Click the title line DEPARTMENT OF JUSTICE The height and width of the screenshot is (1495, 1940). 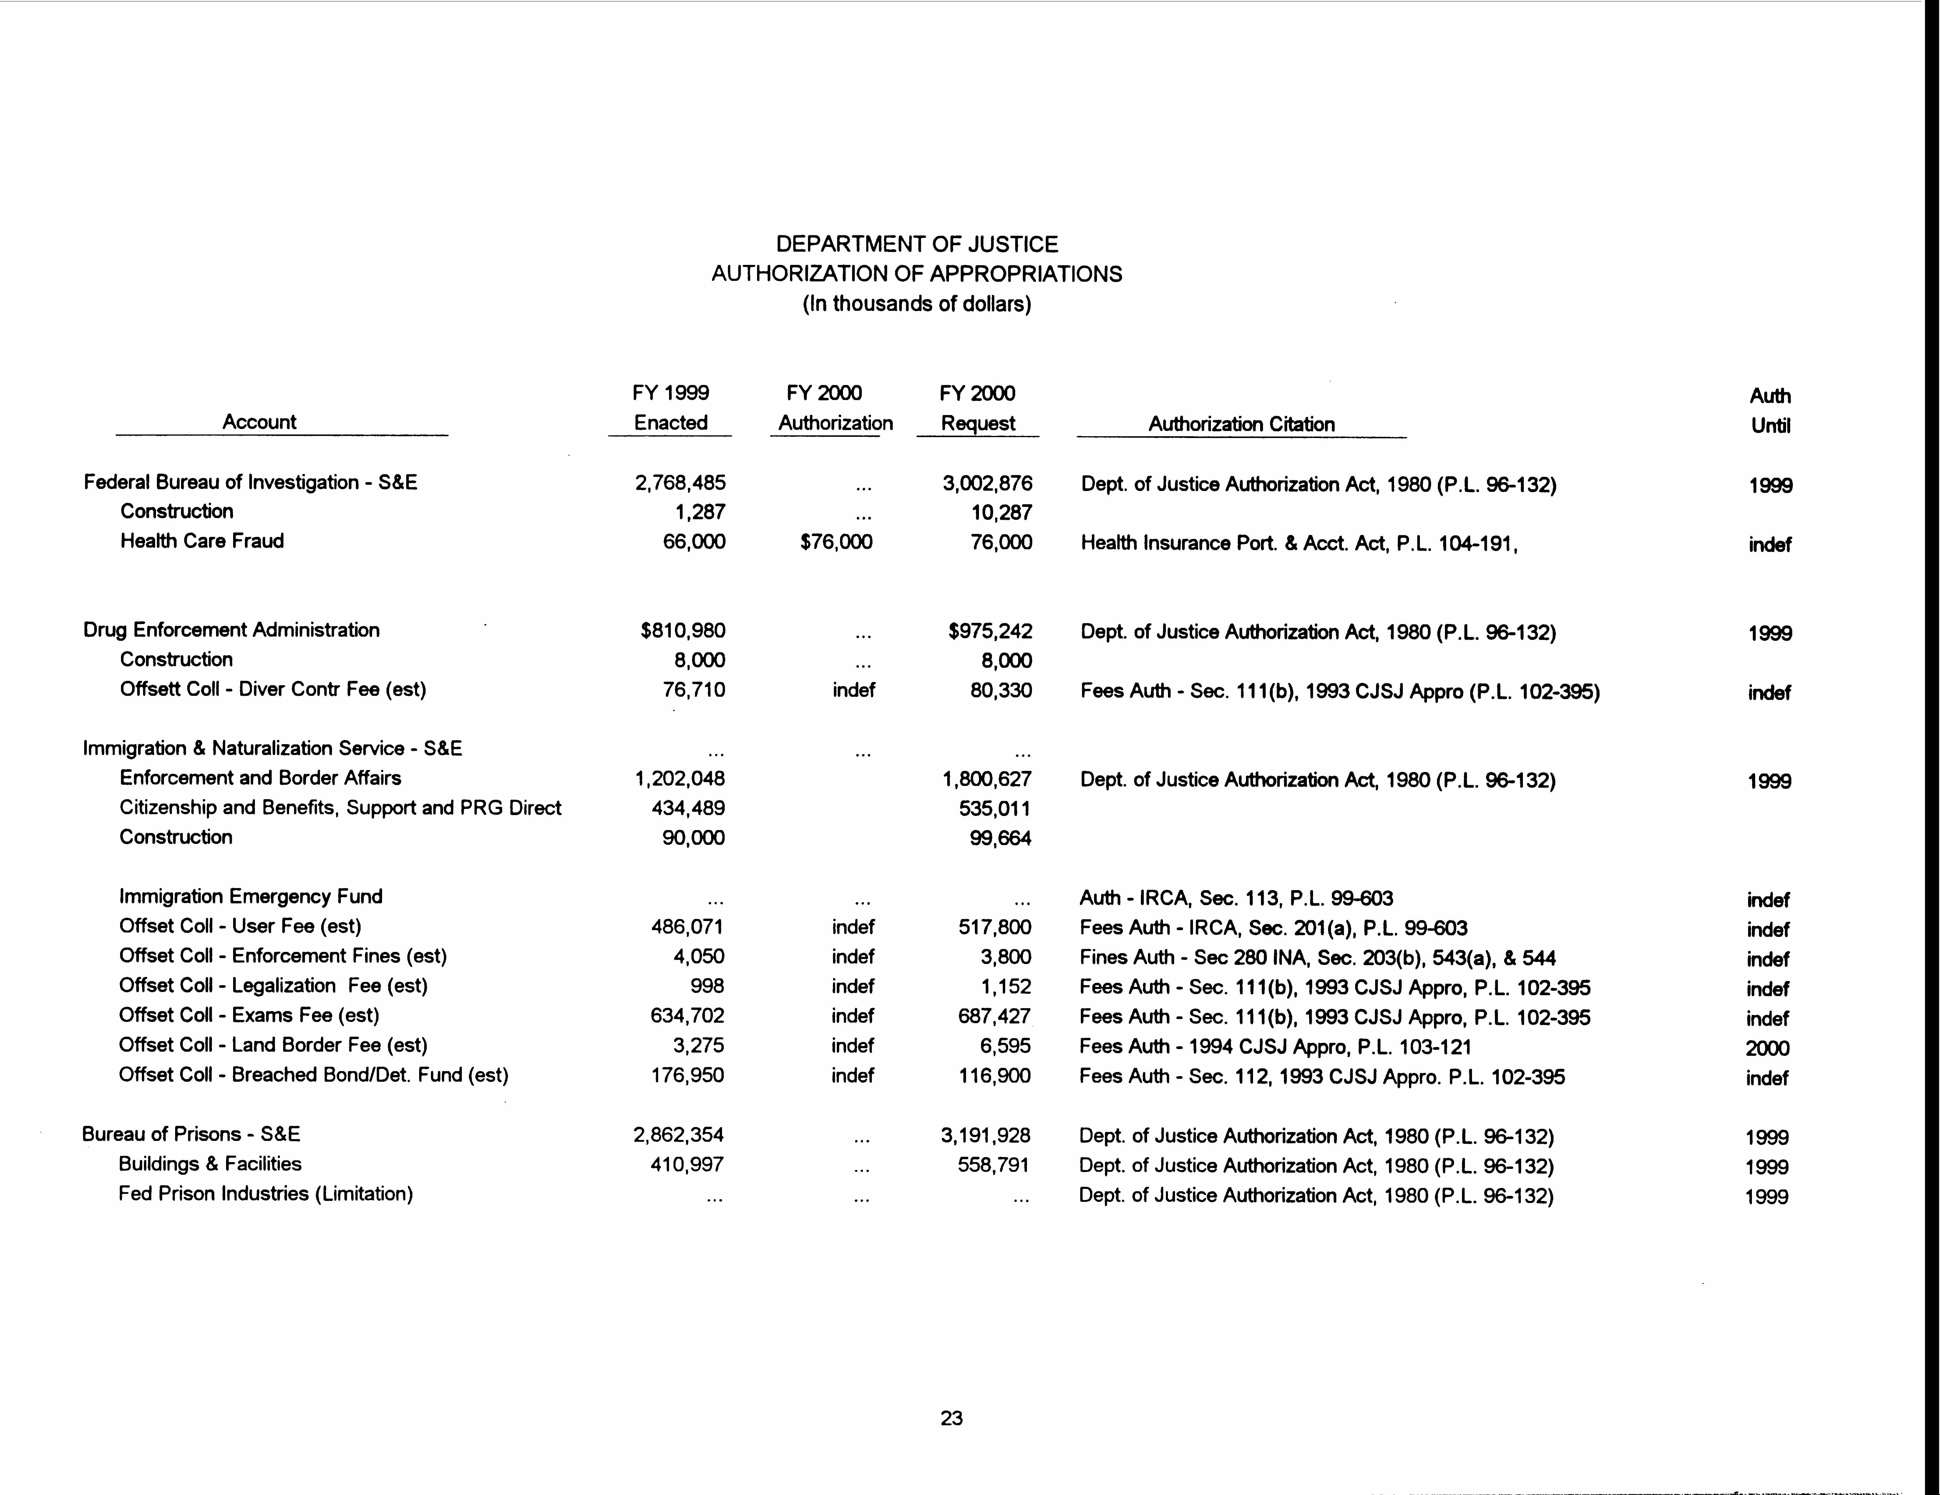(917, 244)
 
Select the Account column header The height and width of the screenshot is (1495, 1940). (259, 422)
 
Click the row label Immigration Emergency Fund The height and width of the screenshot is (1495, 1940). (250, 896)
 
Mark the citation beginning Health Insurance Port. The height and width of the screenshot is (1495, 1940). (1299, 543)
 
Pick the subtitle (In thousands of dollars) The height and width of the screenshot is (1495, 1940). (917, 304)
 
